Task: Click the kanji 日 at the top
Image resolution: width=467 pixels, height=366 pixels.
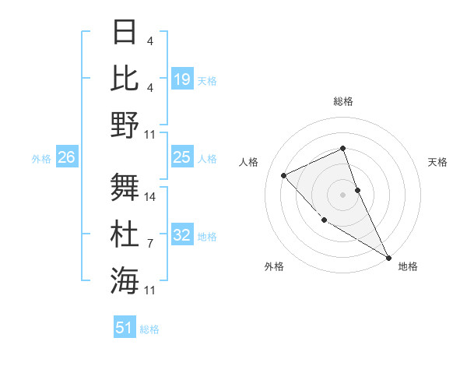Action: tap(125, 33)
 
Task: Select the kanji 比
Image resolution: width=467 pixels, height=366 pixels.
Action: tap(125, 78)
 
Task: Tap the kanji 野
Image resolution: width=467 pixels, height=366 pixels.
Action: tap(125, 125)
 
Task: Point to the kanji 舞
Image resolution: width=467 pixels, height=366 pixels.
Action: tap(125, 187)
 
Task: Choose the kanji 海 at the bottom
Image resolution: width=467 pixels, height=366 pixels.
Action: tap(125, 280)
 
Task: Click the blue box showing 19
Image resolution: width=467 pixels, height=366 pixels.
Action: tap(182, 79)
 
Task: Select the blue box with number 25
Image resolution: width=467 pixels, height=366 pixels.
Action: tap(182, 158)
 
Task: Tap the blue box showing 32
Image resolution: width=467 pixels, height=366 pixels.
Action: tap(182, 236)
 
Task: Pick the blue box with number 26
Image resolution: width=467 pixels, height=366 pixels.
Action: tap(66, 158)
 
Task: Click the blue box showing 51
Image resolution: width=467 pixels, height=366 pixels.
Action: tap(125, 328)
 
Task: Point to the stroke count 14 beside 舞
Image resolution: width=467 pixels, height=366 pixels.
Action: tap(151, 197)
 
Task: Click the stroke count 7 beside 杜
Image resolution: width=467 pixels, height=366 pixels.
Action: tap(150, 244)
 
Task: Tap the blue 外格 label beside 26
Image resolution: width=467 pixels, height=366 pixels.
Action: tap(41, 159)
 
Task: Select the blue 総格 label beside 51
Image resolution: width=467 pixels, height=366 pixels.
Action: tap(149, 329)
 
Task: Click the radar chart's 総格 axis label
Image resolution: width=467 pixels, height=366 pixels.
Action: tap(342, 101)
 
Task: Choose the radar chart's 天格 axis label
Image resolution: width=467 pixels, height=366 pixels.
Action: tap(437, 162)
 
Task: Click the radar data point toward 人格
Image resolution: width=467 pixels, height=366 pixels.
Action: tap(284, 175)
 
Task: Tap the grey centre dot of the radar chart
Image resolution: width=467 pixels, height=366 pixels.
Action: tap(342, 195)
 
